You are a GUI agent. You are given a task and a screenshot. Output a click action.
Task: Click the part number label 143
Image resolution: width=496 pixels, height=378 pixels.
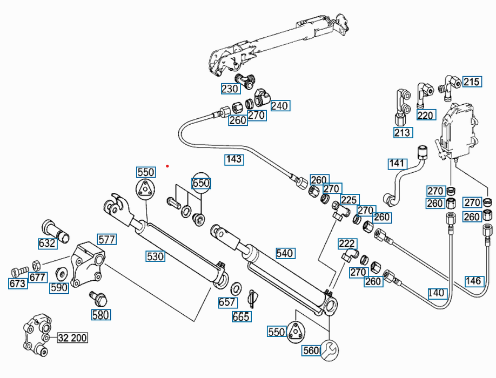click(x=234, y=159)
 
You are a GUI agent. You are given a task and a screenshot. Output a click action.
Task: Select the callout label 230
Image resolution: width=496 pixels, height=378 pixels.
click(x=230, y=89)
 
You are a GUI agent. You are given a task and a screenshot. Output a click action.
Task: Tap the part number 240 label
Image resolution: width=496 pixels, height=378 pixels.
click(x=279, y=106)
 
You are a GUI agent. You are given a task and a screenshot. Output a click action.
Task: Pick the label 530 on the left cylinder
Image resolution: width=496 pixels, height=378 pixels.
click(x=156, y=256)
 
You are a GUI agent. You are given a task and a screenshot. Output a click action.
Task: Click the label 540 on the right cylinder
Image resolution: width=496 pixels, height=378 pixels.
click(x=285, y=253)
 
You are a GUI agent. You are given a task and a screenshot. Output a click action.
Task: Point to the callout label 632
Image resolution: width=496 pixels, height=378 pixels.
click(x=47, y=243)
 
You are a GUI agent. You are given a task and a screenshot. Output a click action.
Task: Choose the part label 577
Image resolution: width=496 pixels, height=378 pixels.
click(x=106, y=239)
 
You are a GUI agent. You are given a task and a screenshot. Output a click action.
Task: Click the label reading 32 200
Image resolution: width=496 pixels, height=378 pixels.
click(x=72, y=338)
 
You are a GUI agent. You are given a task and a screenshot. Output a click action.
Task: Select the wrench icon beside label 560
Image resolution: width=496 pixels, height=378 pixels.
click(x=330, y=350)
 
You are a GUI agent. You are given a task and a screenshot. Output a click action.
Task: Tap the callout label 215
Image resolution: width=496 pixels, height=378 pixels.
click(x=471, y=82)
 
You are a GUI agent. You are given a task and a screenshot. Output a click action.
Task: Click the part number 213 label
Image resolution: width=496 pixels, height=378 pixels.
click(x=403, y=132)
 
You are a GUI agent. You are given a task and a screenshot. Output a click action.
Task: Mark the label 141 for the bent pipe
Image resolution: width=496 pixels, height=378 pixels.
click(x=397, y=163)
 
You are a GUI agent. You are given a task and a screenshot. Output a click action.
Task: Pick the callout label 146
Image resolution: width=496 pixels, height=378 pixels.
click(x=473, y=281)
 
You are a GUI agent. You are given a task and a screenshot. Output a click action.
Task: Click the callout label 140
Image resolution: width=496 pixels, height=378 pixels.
click(x=437, y=293)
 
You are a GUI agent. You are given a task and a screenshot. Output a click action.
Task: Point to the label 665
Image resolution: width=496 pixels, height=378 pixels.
click(x=241, y=317)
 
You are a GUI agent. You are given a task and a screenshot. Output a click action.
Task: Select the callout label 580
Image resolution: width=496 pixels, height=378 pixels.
click(x=100, y=315)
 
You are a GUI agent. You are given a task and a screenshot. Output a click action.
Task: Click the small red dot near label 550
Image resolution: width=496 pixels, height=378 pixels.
click(x=168, y=166)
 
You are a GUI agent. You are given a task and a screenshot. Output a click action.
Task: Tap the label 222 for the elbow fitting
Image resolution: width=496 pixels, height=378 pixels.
click(x=348, y=244)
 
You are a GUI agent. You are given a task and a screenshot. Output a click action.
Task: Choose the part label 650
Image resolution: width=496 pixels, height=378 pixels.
click(x=201, y=183)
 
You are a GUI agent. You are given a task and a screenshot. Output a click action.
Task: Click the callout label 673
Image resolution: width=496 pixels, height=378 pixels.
click(x=18, y=283)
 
